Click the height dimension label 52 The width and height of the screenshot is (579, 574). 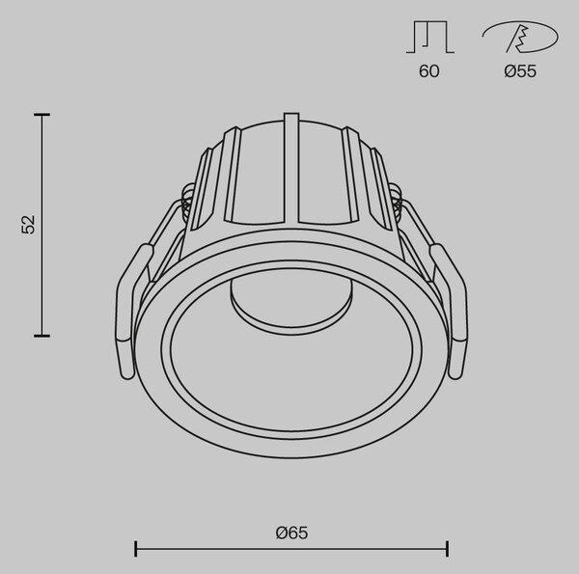click(28, 225)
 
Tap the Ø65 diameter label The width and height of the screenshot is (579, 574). click(291, 533)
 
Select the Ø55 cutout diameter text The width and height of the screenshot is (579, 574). click(520, 70)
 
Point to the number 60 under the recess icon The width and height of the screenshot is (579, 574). click(429, 70)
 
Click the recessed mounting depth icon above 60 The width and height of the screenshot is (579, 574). click(430, 37)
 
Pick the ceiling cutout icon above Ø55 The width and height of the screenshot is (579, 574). click(520, 36)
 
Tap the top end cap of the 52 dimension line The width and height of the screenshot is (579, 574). click(41, 115)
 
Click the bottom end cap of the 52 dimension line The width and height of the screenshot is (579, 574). click(41, 336)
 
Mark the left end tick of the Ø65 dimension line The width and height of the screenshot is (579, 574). click(136, 549)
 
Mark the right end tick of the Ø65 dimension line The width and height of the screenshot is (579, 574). click(447, 549)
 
